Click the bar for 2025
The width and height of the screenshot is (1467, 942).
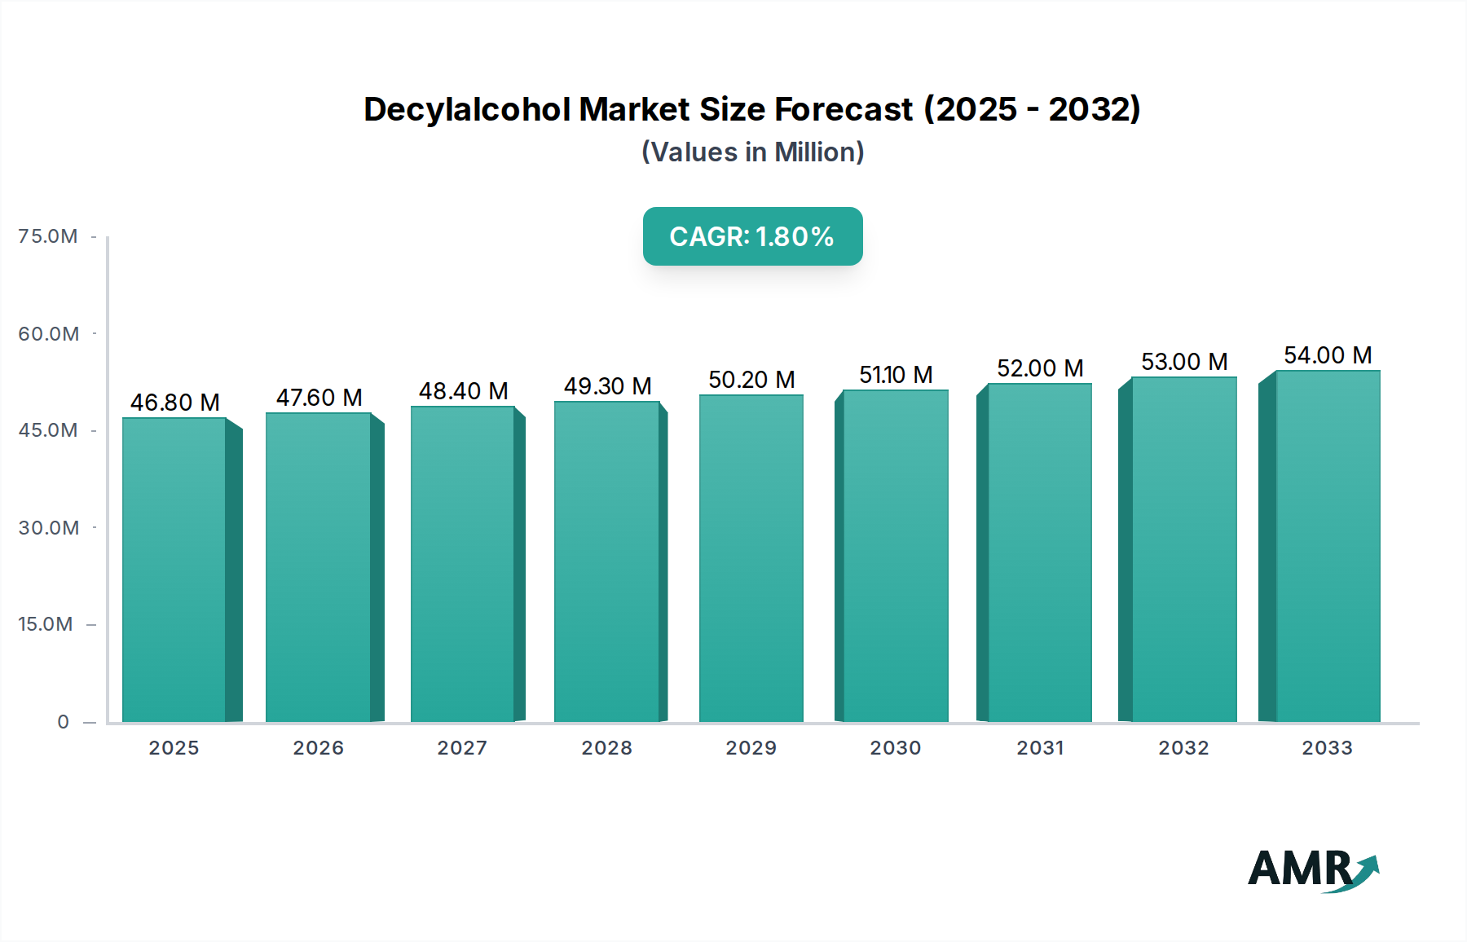pos(174,570)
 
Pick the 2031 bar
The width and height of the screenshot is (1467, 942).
pos(1039,553)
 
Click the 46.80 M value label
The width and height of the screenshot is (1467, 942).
pos(175,403)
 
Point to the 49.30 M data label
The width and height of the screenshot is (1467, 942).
pos(608,386)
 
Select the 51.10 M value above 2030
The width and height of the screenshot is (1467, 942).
pos(896,375)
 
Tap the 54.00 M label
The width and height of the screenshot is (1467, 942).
pos(1328,355)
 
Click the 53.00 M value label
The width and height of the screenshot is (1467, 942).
pos(1184,362)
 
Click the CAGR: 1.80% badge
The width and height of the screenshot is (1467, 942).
pos(752,236)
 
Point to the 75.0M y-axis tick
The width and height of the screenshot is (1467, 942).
pos(48,236)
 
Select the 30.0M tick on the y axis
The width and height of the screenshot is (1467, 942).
pos(48,528)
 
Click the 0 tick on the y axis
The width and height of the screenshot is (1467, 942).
pos(64,722)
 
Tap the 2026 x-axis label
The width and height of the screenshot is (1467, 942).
pos(319,748)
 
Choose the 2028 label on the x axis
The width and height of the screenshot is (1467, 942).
pos(606,748)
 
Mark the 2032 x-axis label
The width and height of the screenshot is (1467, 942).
pos(1183,748)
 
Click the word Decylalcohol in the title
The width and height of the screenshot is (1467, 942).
pos(468,109)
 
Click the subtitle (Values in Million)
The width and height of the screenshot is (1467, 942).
pos(752,152)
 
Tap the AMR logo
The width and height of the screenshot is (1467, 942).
pos(1312,869)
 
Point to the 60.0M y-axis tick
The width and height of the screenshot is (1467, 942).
pos(48,334)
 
